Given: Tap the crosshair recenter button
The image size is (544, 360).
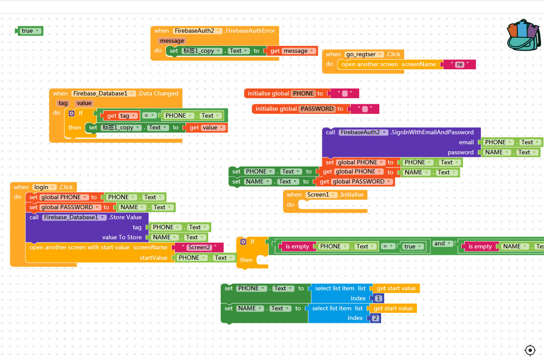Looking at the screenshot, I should point(530,350).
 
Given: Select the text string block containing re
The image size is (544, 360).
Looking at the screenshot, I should point(460,65).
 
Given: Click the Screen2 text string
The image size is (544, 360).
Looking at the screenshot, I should point(199,248).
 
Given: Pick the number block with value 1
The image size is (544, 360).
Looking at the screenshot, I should point(378,299).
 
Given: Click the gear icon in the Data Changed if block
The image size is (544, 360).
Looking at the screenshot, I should point(72,113).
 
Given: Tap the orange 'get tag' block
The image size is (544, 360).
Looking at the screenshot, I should point(121,116).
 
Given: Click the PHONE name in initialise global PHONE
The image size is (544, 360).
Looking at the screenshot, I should point(303,93).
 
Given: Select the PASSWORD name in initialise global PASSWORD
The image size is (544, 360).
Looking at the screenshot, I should point(317,109).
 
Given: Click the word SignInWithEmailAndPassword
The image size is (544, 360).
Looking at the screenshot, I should point(432,132).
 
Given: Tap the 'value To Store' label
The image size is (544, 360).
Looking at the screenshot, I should point(122,238).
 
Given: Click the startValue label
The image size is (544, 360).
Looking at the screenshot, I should point(153,258).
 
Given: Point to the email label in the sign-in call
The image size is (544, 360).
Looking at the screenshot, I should point(466,143).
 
